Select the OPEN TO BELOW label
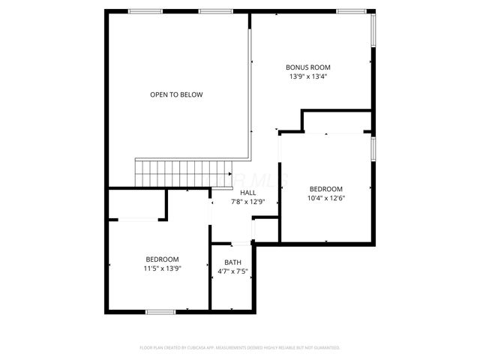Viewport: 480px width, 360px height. coord(176,94)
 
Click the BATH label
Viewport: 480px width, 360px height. coord(232,262)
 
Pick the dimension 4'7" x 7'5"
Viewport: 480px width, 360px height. coord(232,271)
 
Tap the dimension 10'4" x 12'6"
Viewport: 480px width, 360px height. coord(326,198)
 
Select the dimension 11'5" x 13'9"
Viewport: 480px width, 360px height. coord(163,268)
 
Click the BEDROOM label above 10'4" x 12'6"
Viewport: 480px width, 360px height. coord(326,188)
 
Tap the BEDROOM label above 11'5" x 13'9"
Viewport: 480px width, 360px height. coord(163,259)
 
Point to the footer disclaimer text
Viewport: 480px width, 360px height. coord(240,348)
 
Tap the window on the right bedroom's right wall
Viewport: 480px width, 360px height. coord(373,147)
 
